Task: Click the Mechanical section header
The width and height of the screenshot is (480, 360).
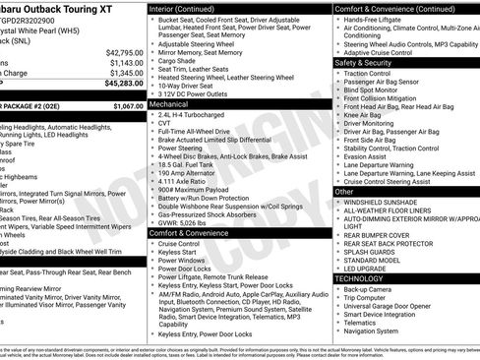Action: (169, 102)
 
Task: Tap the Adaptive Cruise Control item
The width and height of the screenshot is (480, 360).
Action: (386, 51)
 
